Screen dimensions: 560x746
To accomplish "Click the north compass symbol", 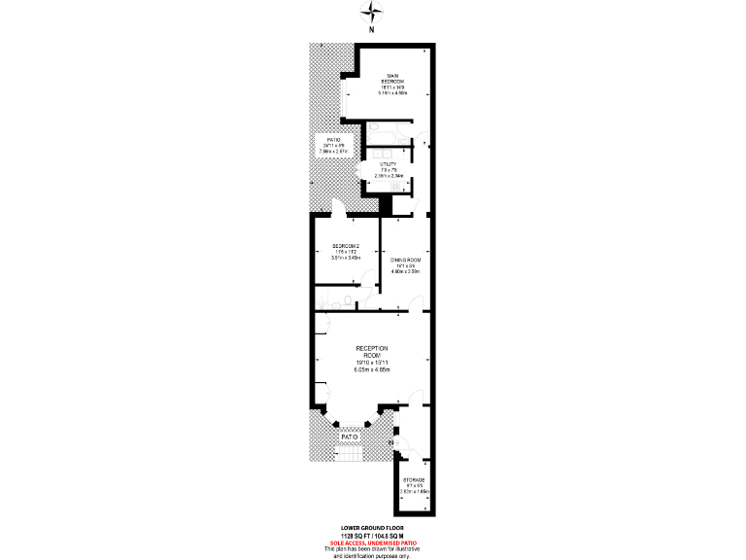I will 372,14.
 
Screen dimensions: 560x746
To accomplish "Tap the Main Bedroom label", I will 392,79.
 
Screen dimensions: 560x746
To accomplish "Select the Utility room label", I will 388,165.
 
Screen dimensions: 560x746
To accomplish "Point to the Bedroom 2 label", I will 346,245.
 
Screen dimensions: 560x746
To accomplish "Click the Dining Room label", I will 406,261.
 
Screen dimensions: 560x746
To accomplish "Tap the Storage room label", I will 415,480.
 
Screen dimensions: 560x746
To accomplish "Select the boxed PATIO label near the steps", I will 350,437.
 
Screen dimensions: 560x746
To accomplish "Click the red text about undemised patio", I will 372,542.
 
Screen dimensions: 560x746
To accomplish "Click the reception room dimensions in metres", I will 372,370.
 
